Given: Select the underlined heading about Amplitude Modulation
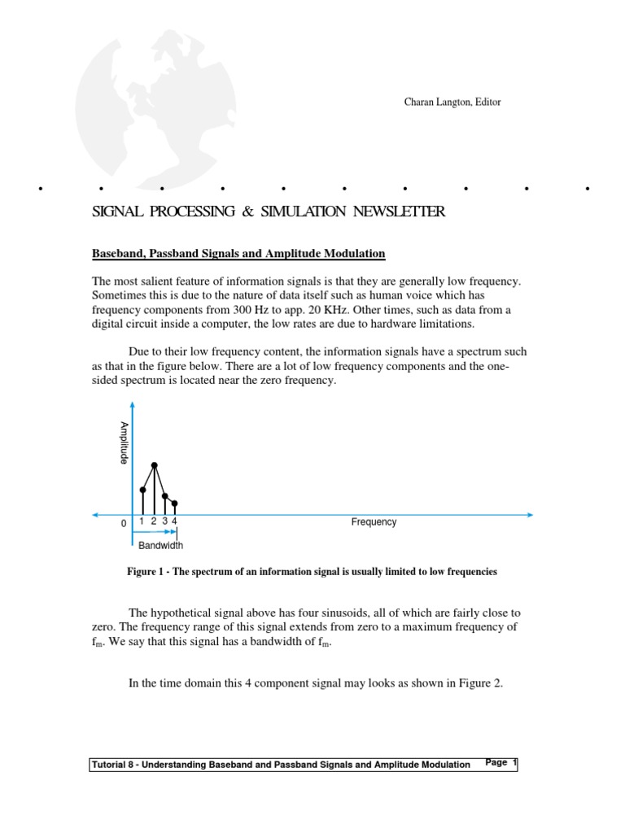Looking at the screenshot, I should (x=238, y=254).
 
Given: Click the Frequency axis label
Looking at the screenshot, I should (x=374, y=522).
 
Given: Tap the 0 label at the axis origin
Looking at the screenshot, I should (x=124, y=524).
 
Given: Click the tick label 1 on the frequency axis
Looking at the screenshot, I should (x=142, y=521).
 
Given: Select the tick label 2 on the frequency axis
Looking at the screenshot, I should (x=153, y=521).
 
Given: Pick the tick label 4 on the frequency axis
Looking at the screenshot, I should (x=174, y=521).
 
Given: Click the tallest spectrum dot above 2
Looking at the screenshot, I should (x=154, y=465).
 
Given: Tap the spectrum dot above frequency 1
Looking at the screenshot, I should (x=142, y=490).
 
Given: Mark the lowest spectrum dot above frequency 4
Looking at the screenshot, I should (x=174, y=504).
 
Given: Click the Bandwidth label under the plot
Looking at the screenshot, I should (x=160, y=546).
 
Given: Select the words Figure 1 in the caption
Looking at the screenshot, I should (x=147, y=572).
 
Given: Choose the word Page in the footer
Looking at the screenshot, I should (x=496, y=763).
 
